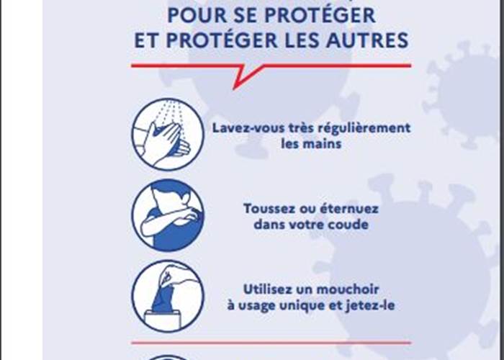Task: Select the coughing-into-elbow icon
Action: tap(168, 215)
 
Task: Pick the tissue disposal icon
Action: tap(168, 296)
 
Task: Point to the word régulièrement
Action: tap(369, 128)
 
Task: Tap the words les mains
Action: tap(311, 144)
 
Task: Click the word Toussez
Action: tap(268, 208)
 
